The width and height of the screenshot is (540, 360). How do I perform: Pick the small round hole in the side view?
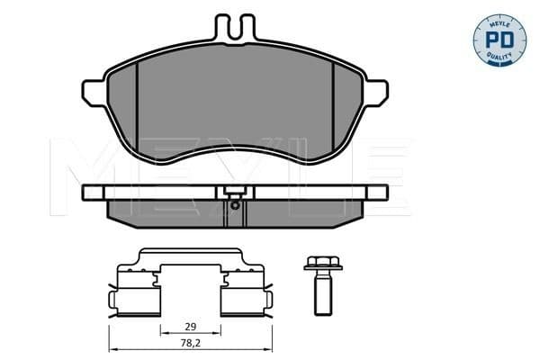pyautogui.click(x=233, y=203)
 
